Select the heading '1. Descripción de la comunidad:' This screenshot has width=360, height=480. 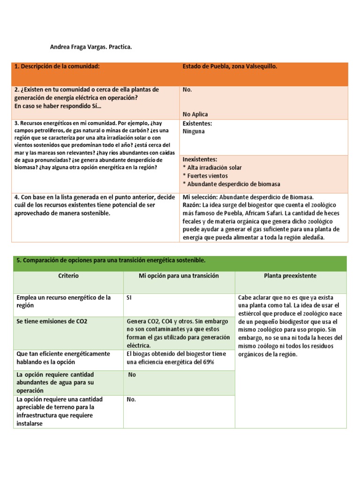coord(57,67)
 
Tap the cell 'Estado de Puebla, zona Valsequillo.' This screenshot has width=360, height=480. coord(230,67)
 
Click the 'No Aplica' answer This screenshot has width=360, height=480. coord(195,114)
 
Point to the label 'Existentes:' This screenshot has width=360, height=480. coord(197,124)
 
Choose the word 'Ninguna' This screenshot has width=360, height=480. coord(194,131)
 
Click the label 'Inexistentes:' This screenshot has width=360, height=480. coord(200,160)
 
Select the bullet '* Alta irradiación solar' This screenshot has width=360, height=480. coord(212,167)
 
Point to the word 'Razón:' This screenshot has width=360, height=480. coord(192,205)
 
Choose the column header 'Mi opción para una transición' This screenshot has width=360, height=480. coord(179,276)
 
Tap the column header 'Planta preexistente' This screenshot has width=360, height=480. coord(290,276)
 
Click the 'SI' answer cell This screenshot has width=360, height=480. coord(129,298)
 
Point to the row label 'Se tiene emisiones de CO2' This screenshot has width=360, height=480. coord(52,322)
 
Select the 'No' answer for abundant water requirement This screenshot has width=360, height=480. coord(132,375)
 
